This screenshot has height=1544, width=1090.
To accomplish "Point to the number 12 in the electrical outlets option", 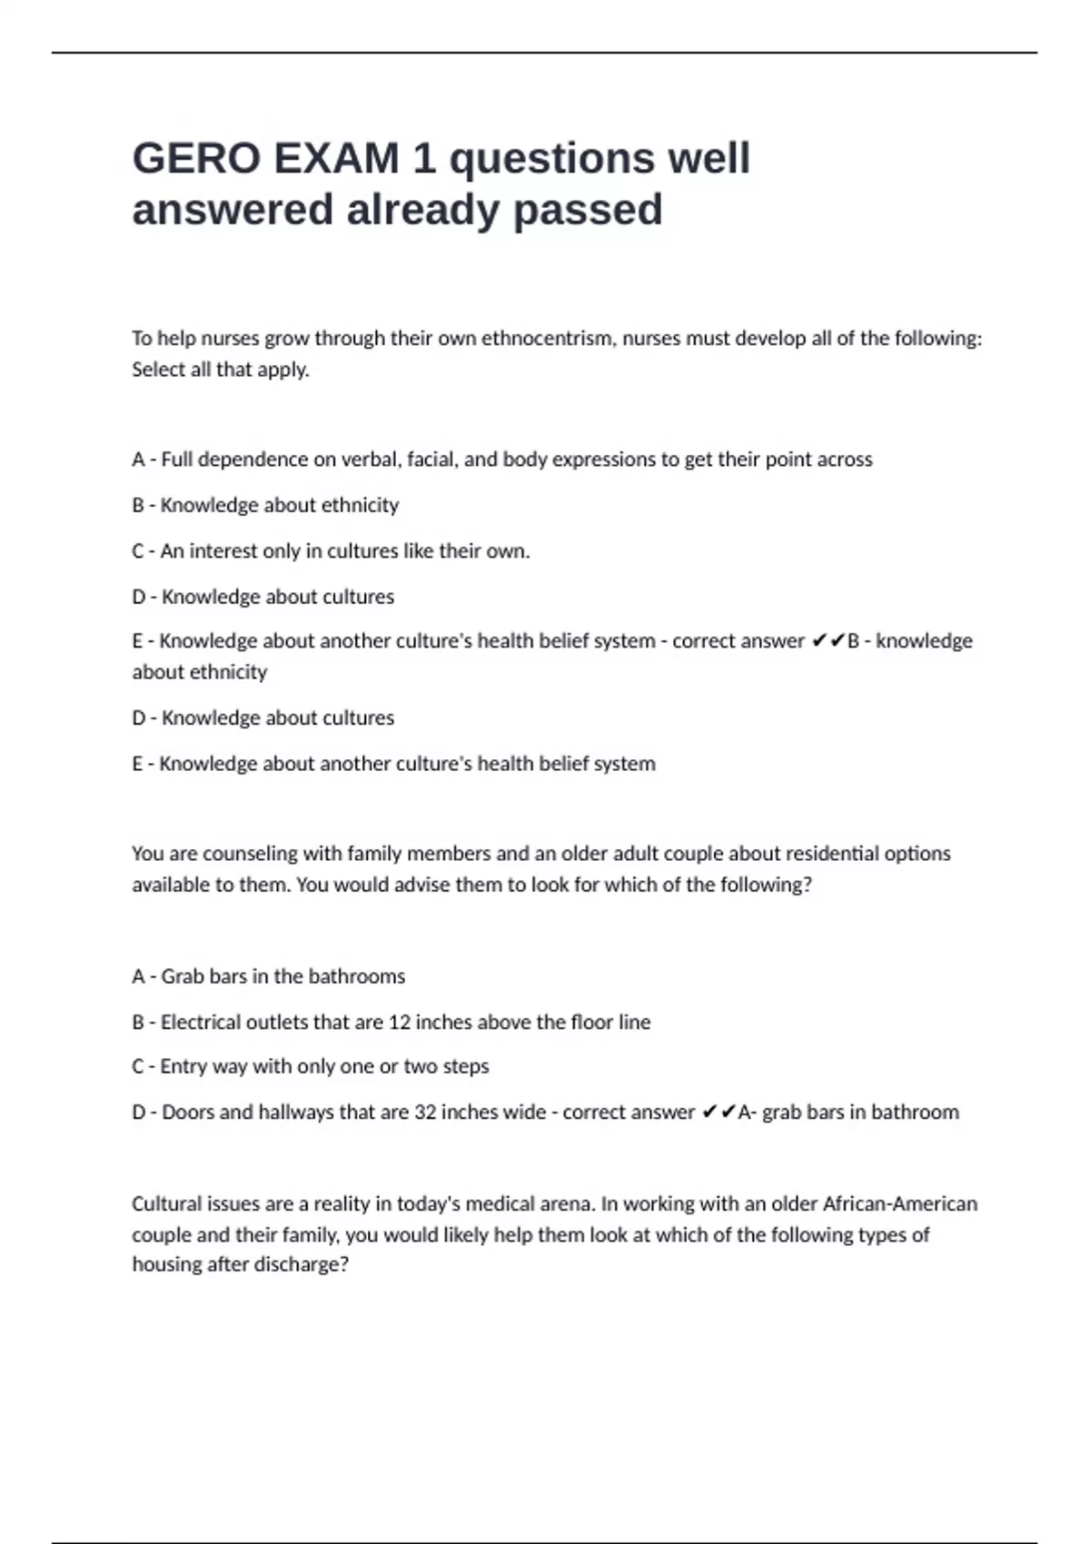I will click(400, 1023).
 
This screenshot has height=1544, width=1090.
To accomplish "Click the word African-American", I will click(899, 1204).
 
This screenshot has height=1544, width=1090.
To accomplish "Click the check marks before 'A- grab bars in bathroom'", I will click(718, 1113).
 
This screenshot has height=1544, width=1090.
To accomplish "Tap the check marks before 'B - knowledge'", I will click(827, 641).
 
